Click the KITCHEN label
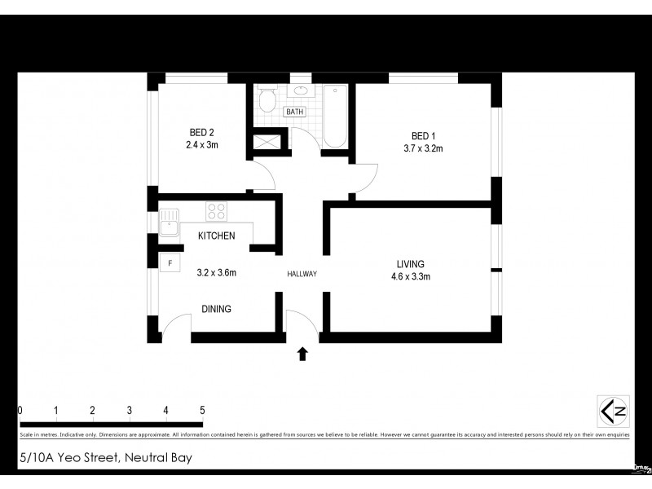click(216, 236)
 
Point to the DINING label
click(216, 309)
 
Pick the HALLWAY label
click(302, 274)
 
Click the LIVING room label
click(410, 264)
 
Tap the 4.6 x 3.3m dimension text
click(410, 276)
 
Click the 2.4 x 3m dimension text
click(201, 145)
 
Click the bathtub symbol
click(336, 117)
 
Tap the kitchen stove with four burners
click(216, 212)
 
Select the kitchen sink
click(170, 222)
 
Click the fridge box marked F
click(170, 263)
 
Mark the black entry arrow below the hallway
click(302, 354)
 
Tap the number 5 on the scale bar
click(202, 410)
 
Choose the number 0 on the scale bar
click(20, 410)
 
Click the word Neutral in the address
click(148, 458)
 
